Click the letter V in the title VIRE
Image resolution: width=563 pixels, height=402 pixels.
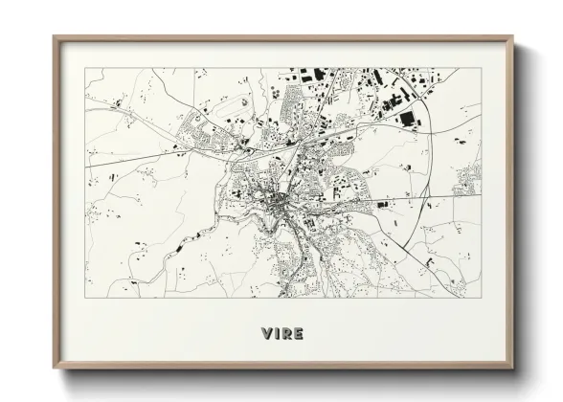[264, 333]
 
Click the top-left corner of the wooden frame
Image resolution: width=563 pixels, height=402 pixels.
[54, 36]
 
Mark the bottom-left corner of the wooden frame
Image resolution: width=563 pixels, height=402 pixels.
[54, 368]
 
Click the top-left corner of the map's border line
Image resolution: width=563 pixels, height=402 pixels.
[85, 68]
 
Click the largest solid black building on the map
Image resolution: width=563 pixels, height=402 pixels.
[408, 119]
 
